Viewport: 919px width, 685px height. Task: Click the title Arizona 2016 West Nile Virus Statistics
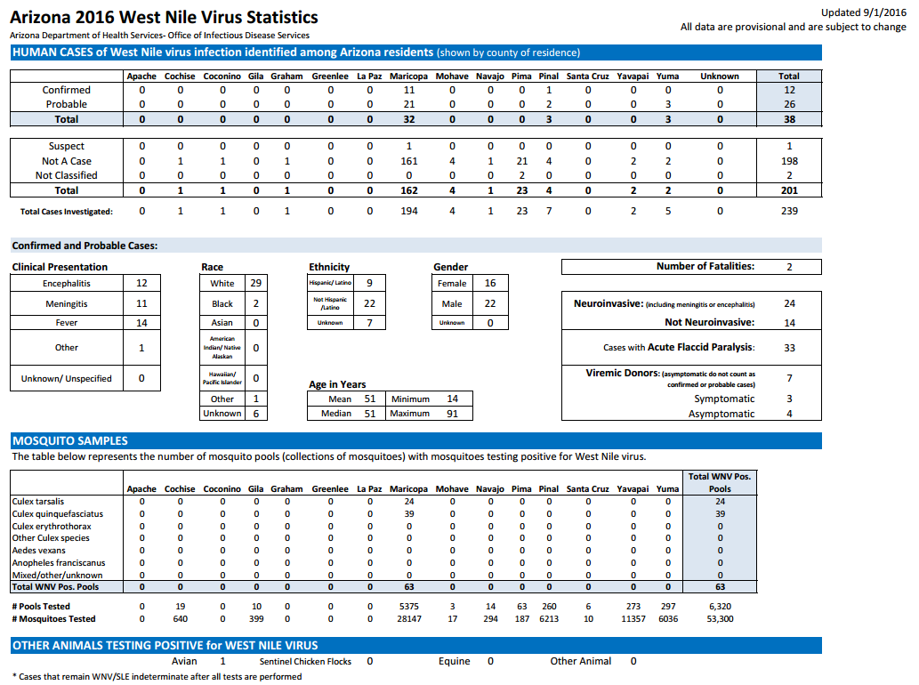[164, 17]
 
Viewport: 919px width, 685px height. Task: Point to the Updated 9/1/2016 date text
[863, 12]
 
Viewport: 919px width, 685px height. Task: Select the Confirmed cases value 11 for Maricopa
[409, 90]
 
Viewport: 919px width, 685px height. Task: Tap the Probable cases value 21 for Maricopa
[409, 104]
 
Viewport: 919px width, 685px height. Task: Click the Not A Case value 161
[409, 160]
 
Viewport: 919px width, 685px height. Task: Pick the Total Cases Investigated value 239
[789, 210]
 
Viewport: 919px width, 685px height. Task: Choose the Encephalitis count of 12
[141, 283]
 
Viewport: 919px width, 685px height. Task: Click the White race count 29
[256, 283]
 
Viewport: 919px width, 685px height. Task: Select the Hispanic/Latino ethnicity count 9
[369, 282]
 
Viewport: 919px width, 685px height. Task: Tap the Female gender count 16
[490, 283]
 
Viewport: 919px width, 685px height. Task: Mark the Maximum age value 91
[453, 413]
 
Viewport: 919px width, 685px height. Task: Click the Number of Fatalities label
[705, 266]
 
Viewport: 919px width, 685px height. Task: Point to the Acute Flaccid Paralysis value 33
[789, 348]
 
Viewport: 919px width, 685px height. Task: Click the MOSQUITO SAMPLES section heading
[70, 440]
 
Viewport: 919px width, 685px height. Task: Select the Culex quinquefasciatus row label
[58, 514]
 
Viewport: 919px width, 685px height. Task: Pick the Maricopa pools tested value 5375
[409, 607]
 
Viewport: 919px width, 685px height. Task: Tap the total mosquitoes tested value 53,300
[720, 619]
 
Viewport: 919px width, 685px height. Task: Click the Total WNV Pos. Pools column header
[720, 482]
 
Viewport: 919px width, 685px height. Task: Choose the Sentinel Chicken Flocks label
[305, 661]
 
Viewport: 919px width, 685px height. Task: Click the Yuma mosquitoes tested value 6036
[668, 619]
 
